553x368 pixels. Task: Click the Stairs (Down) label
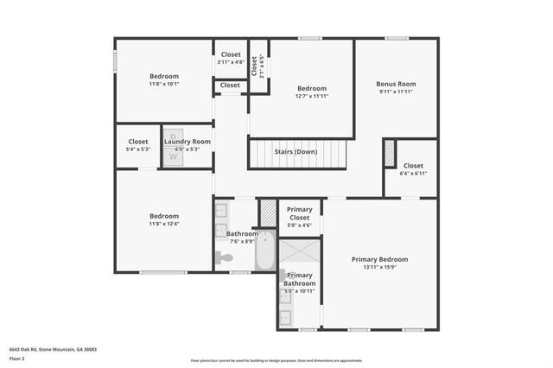pos(296,152)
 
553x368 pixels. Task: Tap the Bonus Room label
pos(396,84)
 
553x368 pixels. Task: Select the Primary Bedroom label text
pos(379,259)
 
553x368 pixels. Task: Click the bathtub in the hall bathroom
pos(264,250)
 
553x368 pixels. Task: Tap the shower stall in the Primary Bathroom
pos(299,254)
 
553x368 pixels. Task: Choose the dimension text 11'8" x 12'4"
pos(163,225)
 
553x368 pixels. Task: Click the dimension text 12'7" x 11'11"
pos(312,97)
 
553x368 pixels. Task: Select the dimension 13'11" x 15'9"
pos(379,268)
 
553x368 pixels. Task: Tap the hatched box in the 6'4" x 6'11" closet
pos(390,153)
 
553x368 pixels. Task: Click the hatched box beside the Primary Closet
pos(268,213)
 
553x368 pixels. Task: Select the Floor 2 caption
pos(17,358)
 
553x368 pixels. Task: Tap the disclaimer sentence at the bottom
pos(276,360)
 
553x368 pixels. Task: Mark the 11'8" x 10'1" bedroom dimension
pos(163,85)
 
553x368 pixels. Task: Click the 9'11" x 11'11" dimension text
pos(396,92)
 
